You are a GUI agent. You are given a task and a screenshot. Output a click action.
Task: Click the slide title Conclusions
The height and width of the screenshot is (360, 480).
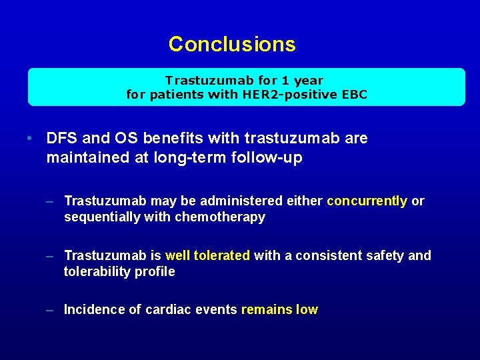231,44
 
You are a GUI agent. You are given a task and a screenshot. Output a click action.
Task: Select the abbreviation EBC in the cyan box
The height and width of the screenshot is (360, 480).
354,95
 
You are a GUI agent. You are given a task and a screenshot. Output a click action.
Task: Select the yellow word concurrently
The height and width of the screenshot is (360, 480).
367,201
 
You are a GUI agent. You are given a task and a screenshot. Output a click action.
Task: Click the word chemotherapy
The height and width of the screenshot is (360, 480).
220,217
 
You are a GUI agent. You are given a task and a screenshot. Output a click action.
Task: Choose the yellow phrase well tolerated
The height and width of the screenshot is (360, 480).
207,255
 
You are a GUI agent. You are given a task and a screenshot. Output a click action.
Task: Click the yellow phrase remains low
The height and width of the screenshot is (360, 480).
279,309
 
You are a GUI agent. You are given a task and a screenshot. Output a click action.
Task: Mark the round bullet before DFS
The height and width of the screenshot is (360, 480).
31,139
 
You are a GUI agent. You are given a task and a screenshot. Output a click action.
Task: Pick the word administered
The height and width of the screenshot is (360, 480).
225,201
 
